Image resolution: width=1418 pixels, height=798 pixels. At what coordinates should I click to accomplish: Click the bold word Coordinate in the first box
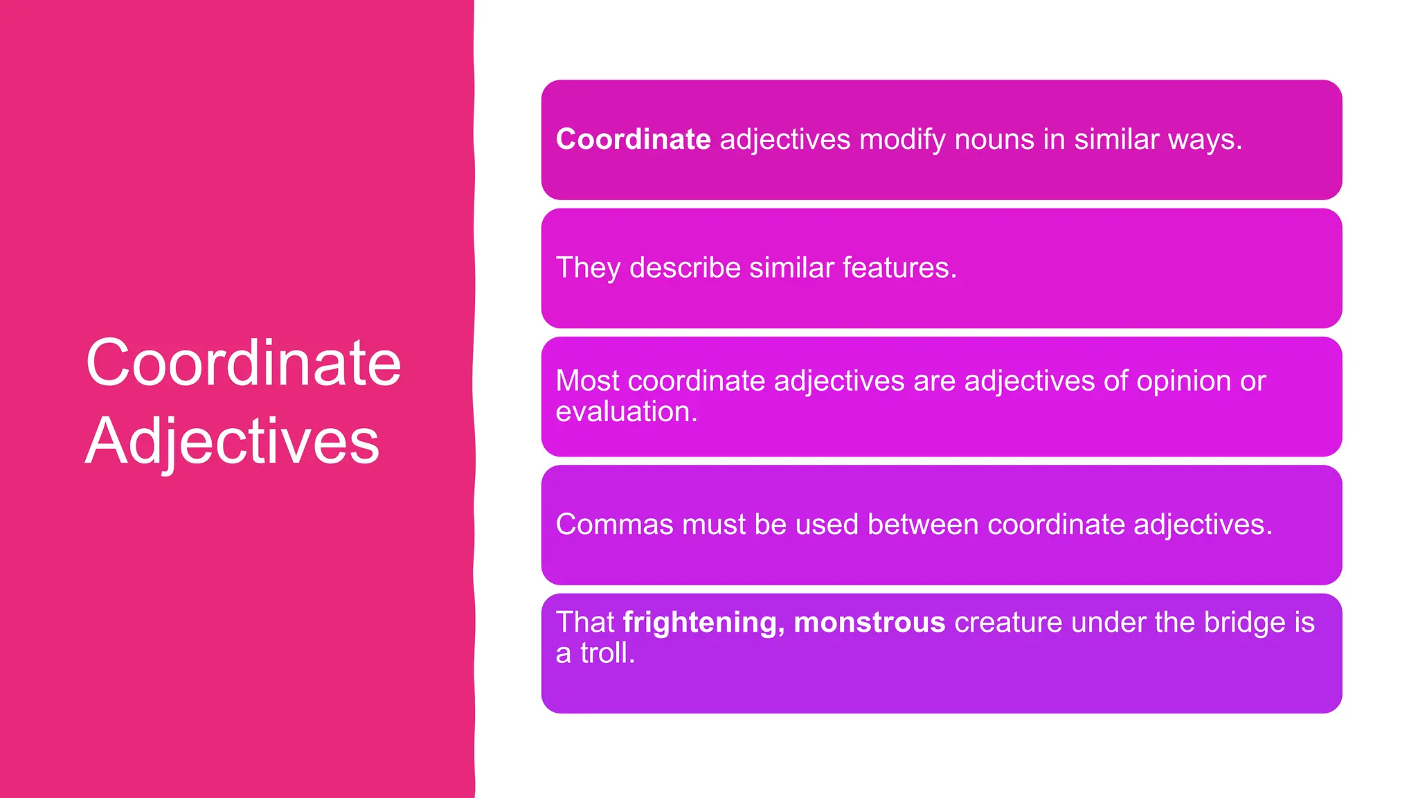pos(633,139)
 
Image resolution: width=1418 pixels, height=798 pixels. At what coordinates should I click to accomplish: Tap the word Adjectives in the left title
pos(233,441)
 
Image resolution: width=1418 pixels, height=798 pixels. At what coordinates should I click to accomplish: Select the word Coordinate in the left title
pos(243,363)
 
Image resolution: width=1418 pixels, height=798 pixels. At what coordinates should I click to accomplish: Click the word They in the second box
pos(588,268)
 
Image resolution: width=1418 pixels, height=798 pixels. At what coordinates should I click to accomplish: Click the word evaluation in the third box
pos(625,412)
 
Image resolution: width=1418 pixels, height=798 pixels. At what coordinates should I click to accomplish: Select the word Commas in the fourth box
pos(614,524)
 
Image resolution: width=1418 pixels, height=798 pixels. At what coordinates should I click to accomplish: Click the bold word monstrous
pos(869,622)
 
